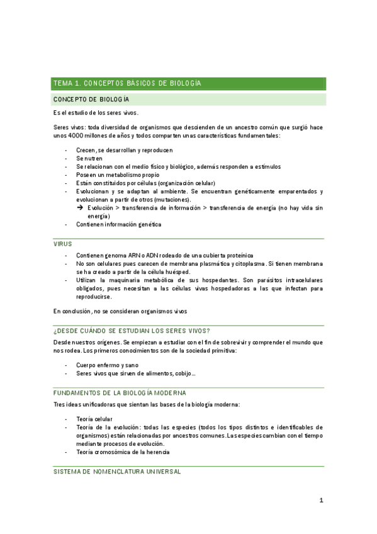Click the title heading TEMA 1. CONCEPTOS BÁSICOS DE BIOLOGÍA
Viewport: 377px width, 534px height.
coord(127,83)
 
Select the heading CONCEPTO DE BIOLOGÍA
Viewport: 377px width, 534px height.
coord(91,99)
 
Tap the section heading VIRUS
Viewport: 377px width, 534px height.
coord(63,244)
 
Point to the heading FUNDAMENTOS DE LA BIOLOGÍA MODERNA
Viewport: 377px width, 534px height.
coord(120,392)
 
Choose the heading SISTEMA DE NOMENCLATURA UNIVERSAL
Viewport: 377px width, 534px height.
coord(117,471)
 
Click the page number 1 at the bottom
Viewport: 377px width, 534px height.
coord(321,501)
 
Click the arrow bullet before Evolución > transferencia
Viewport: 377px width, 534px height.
coord(80,207)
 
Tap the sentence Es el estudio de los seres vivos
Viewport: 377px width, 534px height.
coord(96,113)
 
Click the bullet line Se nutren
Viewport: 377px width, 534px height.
coord(89,159)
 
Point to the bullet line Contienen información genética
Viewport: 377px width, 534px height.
coord(118,224)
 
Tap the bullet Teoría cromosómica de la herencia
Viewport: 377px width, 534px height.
coord(123,452)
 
